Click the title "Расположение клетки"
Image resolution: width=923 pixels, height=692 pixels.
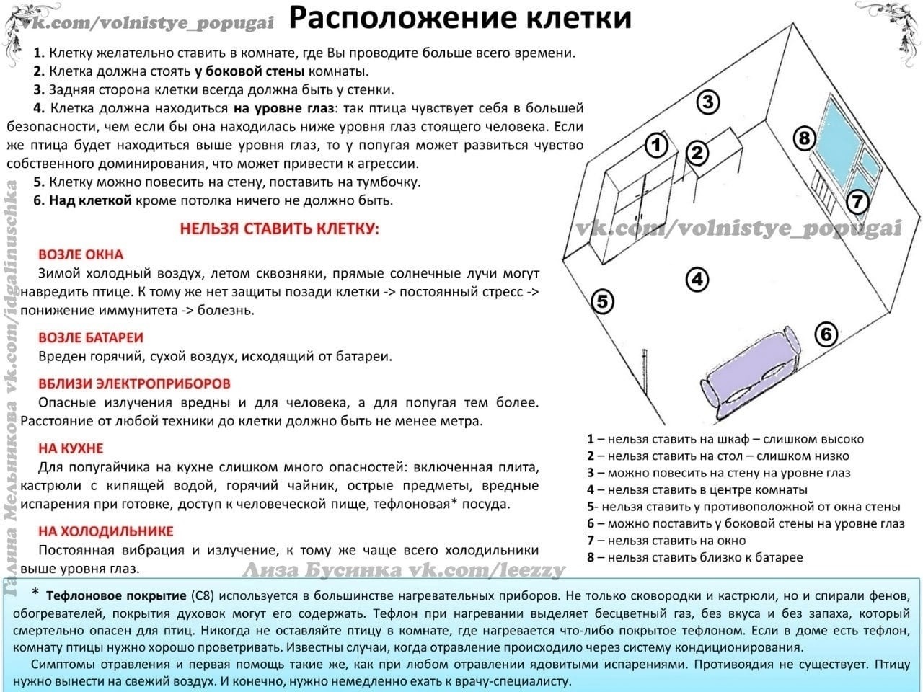point(460,19)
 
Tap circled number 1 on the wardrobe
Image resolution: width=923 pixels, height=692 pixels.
point(655,146)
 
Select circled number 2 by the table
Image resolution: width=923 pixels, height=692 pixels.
point(697,153)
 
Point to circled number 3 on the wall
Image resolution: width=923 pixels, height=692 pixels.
point(708,102)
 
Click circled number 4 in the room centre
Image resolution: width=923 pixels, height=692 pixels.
point(697,279)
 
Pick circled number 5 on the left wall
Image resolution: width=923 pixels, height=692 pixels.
point(603,301)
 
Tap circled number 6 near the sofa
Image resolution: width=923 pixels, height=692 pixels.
point(826,334)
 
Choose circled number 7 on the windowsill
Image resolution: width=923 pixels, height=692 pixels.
point(857,202)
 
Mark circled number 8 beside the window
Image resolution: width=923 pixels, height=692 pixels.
point(805,137)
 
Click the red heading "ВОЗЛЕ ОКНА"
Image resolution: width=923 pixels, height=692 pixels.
point(81,255)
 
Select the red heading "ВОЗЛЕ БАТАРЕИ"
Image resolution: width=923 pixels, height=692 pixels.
point(91,337)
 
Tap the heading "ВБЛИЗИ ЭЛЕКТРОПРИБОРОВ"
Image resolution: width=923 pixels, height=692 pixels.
point(134,383)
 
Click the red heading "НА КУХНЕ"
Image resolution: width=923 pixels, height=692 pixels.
point(71,448)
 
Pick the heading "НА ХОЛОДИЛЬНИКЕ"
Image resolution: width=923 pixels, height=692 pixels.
point(105,532)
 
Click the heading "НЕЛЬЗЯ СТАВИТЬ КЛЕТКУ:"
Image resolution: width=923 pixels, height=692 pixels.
point(279,229)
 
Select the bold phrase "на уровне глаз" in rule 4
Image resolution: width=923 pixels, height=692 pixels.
point(284,109)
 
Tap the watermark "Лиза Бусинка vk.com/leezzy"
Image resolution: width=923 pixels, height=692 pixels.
point(404,571)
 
